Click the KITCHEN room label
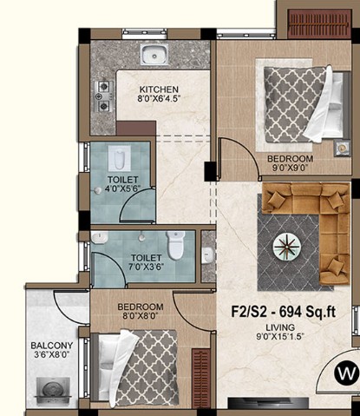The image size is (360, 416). pyautogui.click(x=159, y=89)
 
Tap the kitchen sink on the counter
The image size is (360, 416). pyautogui.click(x=154, y=55)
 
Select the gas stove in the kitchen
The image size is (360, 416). pyautogui.click(x=104, y=96)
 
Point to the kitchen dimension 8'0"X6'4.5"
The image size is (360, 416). pyautogui.click(x=159, y=98)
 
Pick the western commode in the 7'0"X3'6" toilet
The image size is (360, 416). pyautogui.click(x=176, y=245)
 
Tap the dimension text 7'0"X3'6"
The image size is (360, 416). pyautogui.click(x=147, y=267)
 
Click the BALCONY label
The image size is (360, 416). pyautogui.click(x=52, y=346)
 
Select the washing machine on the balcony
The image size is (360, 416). pyautogui.click(x=53, y=390)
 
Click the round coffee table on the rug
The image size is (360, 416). pyautogui.click(x=287, y=247)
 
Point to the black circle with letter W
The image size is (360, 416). pyautogui.click(x=346, y=373)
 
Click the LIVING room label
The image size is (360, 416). pyautogui.click(x=280, y=327)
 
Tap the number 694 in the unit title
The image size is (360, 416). pyautogui.click(x=291, y=312)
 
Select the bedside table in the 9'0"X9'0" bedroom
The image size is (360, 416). pyautogui.click(x=342, y=149)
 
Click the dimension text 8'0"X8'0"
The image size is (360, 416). pyautogui.click(x=141, y=315)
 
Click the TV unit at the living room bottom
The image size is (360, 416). pyautogui.click(x=268, y=402)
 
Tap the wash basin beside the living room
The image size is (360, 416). pyautogui.click(x=207, y=255)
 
